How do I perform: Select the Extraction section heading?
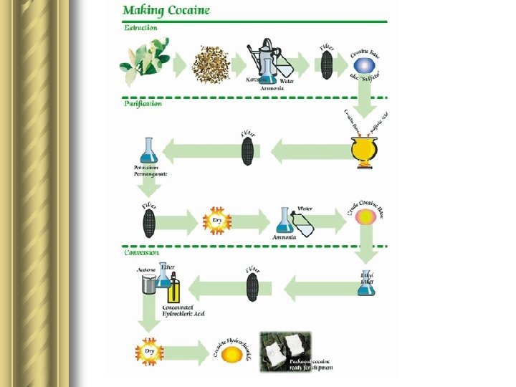pos(140,28)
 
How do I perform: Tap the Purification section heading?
pos(143,103)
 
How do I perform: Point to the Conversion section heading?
pos(142,252)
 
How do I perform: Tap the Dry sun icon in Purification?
pos(218,221)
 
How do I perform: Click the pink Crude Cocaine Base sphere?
pos(365,216)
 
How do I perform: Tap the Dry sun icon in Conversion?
pos(149,352)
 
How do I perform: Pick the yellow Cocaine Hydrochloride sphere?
pos(231,353)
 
